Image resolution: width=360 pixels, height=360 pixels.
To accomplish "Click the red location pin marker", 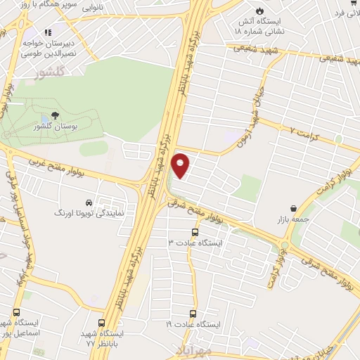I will click(x=181, y=165).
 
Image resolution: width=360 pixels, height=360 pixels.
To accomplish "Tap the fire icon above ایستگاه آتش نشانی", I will click(x=262, y=11).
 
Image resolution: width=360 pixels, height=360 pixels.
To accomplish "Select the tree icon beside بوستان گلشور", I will click(x=54, y=115).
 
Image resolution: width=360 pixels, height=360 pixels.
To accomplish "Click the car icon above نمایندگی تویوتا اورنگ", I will click(x=88, y=200).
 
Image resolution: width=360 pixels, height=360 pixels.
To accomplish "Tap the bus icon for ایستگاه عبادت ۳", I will click(x=195, y=232).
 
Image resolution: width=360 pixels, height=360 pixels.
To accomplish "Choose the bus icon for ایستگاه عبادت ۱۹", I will click(x=194, y=314).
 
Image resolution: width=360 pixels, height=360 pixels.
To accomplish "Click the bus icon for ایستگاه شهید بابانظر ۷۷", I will click(x=103, y=323).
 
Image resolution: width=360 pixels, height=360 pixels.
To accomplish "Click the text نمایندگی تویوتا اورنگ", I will click(x=91, y=211).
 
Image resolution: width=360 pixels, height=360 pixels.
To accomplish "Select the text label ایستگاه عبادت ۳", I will click(x=195, y=243).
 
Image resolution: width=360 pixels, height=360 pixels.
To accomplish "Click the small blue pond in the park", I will click(x=46, y=117).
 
